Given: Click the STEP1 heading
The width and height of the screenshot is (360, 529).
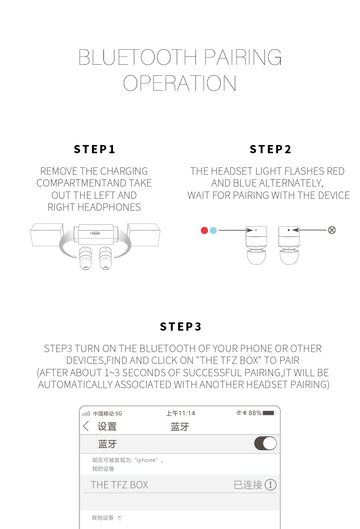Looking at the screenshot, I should [95, 150].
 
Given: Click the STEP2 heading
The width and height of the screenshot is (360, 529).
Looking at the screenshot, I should [271, 150].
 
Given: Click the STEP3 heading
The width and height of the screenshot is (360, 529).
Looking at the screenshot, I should [180, 327].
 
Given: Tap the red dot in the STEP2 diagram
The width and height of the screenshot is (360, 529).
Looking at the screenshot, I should [204, 230].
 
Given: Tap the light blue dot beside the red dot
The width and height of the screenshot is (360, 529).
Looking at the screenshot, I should [213, 230].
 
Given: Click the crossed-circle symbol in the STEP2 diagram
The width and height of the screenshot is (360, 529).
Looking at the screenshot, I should [332, 230].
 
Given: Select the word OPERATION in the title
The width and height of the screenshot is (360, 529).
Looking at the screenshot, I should [180, 83].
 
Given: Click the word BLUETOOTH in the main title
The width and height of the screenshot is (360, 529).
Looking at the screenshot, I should [138, 57].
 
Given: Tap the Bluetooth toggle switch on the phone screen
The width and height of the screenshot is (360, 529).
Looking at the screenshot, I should [265, 443].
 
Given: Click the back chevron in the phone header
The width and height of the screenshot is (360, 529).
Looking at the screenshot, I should [86, 426].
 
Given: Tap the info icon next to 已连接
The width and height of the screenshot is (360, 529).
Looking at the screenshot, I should [271, 485].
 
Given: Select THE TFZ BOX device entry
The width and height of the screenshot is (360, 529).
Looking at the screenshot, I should [119, 485].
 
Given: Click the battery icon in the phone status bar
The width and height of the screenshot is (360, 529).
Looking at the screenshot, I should [269, 413].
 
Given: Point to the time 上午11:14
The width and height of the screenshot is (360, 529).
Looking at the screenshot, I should [180, 413].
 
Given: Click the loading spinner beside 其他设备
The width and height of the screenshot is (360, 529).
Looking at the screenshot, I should [120, 518].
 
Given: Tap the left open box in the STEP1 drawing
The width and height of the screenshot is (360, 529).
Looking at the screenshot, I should [46, 234].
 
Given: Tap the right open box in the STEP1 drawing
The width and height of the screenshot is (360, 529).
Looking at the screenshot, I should [144, 234].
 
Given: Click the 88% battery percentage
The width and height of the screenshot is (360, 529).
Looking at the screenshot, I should [255, 413].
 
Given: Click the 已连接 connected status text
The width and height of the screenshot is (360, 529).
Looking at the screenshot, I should [248, 485].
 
